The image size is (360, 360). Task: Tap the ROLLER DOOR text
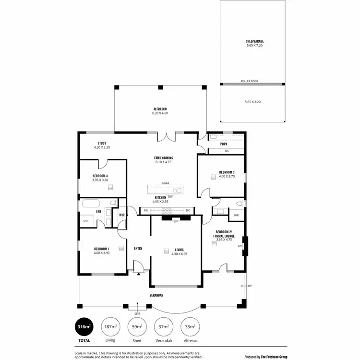pos(249,81)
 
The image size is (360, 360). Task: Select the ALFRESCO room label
pos(160,109)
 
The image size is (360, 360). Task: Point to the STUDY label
pos(102,143)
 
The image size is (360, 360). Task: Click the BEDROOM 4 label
pos(101,176)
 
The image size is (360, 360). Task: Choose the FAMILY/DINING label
pos(163,158)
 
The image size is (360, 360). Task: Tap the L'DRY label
pos(223,144)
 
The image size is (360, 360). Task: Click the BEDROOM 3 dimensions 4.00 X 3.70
pos(227,176)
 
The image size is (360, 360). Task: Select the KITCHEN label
pos(160,198)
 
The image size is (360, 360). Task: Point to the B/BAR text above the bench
pos(165,183)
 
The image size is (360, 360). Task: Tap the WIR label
pos(122,215)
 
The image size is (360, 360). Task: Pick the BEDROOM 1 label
pos(101,249)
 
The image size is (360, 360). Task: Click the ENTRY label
pos(138,248)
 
